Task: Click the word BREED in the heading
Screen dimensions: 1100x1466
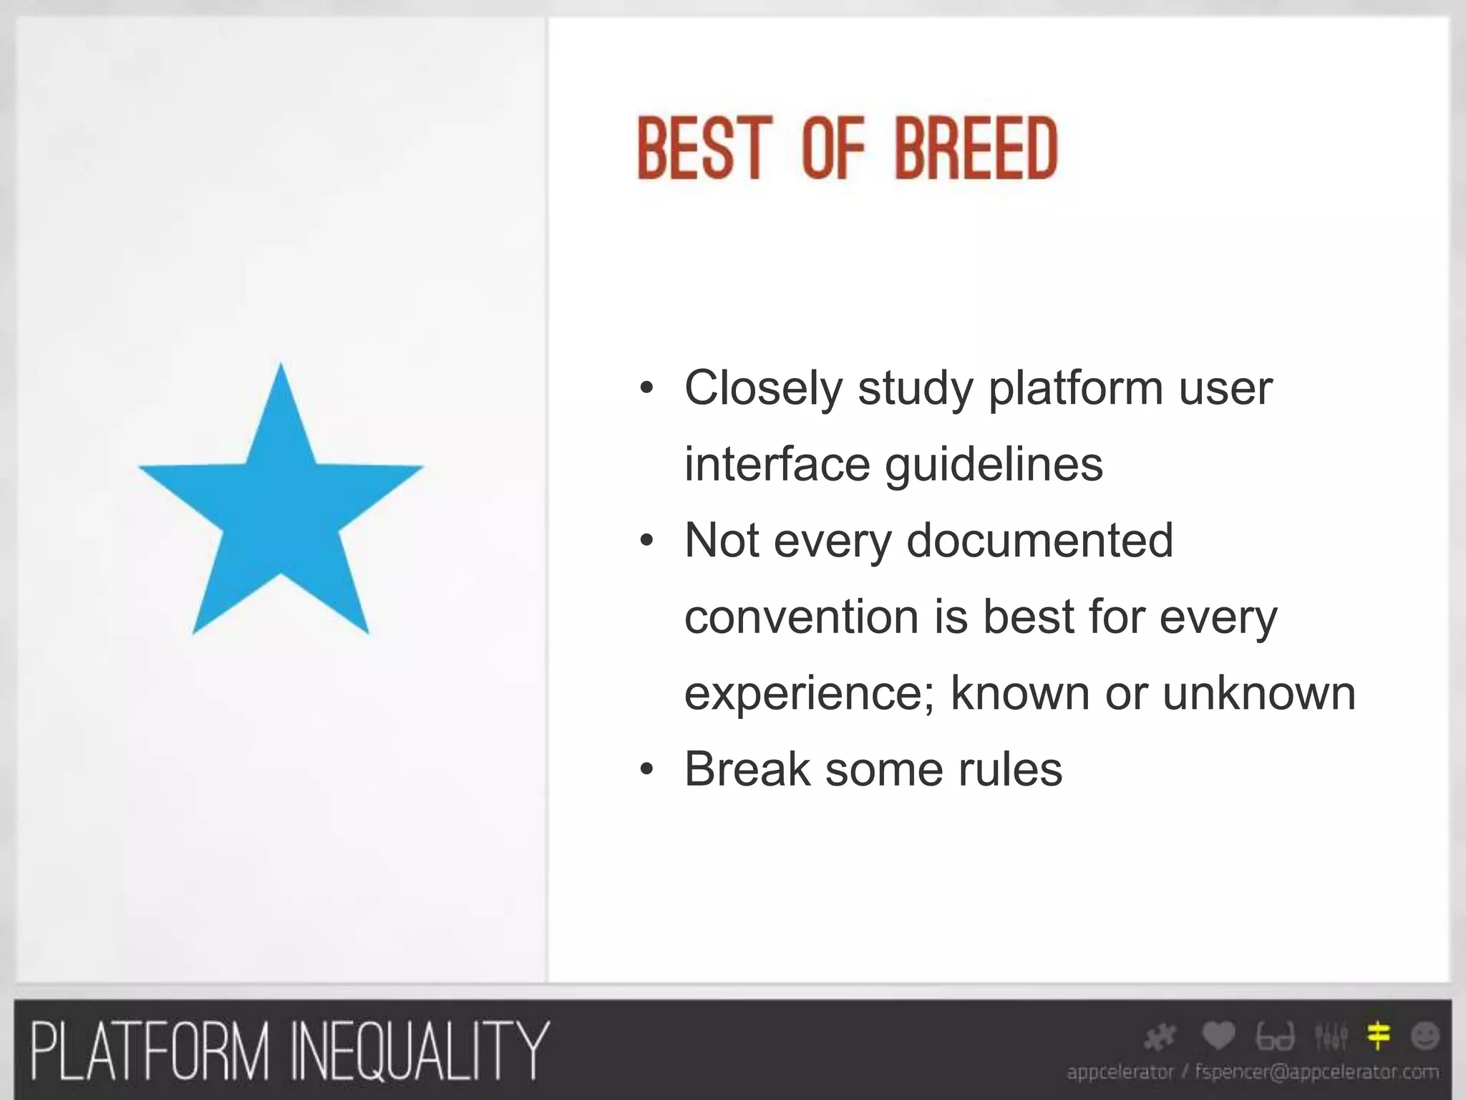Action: click(x=976, y=149)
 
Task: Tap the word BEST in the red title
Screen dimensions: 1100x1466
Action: click(x=704, y=149)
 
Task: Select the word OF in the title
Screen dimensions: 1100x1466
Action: click(x=833, y=149)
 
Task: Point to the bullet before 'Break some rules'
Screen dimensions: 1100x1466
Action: click(x=647, y=771)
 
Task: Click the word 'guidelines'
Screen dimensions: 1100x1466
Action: click(x=994, y=465)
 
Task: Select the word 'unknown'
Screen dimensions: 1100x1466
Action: click(x=1258, y=693)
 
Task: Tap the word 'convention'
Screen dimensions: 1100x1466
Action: click(x=801, y=617)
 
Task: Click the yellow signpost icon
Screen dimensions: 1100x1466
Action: click(x=1378, y=1036)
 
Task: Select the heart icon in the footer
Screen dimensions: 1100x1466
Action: click(x=1218, y=1036)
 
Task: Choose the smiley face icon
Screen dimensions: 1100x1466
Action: click(x=1424, y=1036)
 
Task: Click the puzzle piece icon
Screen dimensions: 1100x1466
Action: click(x=1160, y=1037)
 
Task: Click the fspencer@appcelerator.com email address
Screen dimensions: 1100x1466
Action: click(x=1316, y=1072)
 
